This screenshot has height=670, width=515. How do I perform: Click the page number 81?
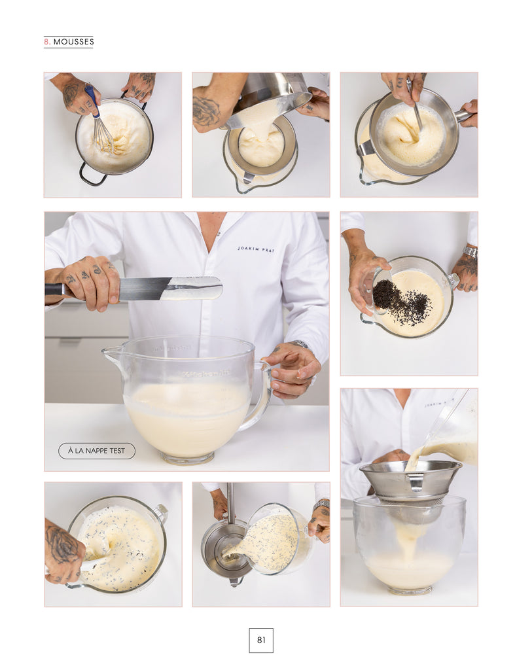pos(260,640)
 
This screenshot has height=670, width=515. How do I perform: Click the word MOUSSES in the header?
pos(74,42)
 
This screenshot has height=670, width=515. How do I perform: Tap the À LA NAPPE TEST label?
pos(97,451)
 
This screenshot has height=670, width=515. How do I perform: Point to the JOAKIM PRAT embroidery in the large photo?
pos(256,249)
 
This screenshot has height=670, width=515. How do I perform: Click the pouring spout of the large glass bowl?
pos(108,353)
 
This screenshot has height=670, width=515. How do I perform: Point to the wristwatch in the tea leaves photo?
pos(470,253)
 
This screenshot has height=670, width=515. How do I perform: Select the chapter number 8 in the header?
pos(46,42)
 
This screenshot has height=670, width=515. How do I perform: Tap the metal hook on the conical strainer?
pos(416,482)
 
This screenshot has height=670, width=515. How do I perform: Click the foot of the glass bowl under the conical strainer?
pos(409,591)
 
